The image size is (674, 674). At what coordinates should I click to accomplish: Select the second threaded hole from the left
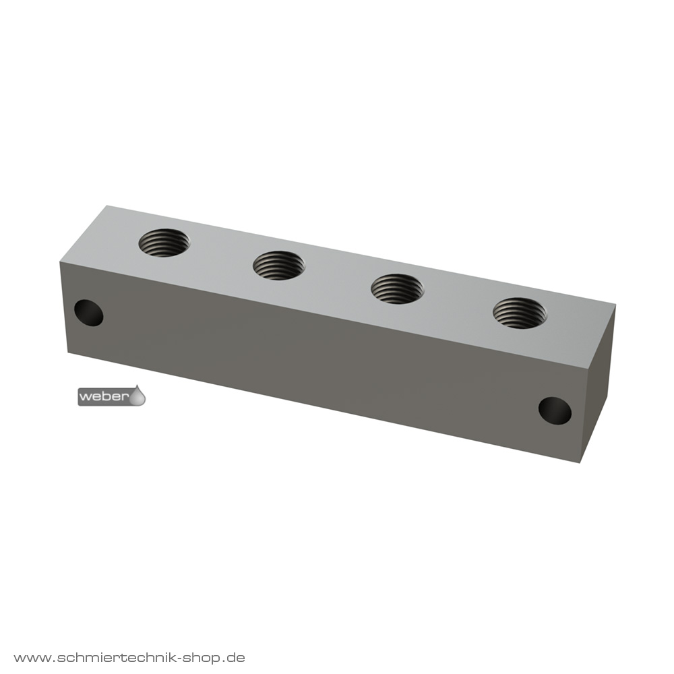[x=279, y=265]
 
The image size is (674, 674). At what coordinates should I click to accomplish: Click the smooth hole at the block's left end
[x=89, y=313]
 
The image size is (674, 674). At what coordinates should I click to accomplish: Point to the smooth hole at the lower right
[x=555, y=411]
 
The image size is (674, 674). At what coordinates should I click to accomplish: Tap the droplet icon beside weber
[x=138, y=396]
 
